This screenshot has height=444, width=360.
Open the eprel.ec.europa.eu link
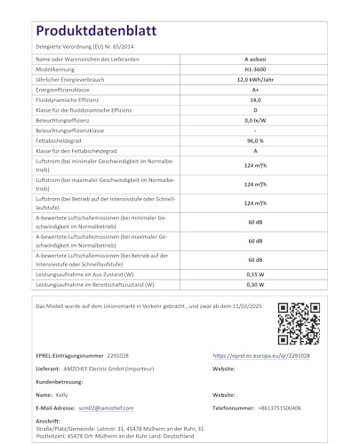[x=261, y=354]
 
